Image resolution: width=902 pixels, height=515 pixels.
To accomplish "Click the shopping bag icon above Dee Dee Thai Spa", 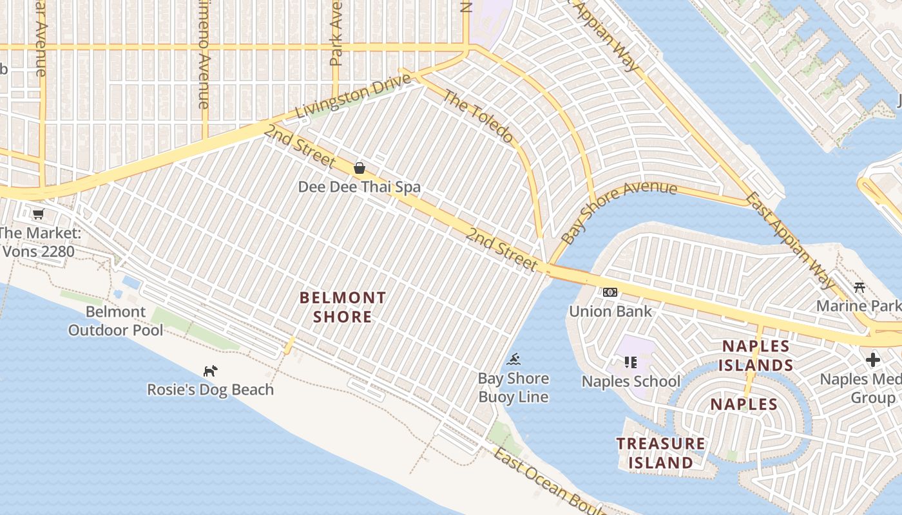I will (360, 168).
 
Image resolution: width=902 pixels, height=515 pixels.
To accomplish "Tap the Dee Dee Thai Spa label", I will (359, 187).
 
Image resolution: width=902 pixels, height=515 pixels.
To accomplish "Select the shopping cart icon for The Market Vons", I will (38, 214).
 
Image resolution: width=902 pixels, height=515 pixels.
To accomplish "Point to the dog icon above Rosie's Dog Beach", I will (210, 371).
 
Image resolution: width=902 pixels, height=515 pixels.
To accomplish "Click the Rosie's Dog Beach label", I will (210, 389).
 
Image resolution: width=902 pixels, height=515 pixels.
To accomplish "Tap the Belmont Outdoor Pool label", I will (115, 321).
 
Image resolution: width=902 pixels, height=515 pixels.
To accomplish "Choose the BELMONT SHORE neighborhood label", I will (343, 307).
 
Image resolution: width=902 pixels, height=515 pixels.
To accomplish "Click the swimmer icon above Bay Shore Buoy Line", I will (513, 359).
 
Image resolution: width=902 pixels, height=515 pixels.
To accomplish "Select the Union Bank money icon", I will (609, 292).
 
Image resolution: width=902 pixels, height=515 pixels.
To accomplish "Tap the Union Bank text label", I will (610, 312).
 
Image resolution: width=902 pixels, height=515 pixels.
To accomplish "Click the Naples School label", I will (631, 381).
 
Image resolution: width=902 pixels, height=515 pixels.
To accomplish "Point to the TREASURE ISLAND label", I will (660, 453).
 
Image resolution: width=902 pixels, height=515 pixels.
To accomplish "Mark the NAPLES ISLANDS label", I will (757, 356).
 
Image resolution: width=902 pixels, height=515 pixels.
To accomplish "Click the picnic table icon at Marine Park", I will (859, 287).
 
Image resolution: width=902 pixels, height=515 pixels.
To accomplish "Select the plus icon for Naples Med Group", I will (873, 359).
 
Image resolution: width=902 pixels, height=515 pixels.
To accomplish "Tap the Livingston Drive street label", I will (352, 97).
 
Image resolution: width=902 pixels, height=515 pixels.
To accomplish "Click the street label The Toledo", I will (479, 117).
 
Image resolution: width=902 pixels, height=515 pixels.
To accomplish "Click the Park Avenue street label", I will (336, 32).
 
